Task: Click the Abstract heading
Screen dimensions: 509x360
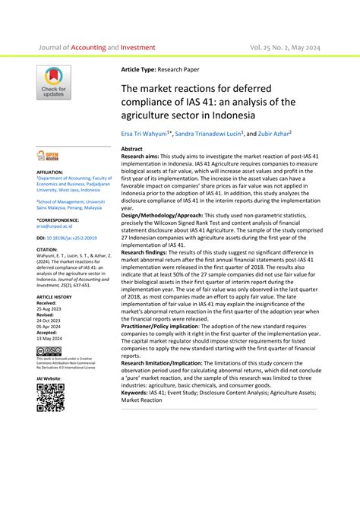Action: tap(132, 150)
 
